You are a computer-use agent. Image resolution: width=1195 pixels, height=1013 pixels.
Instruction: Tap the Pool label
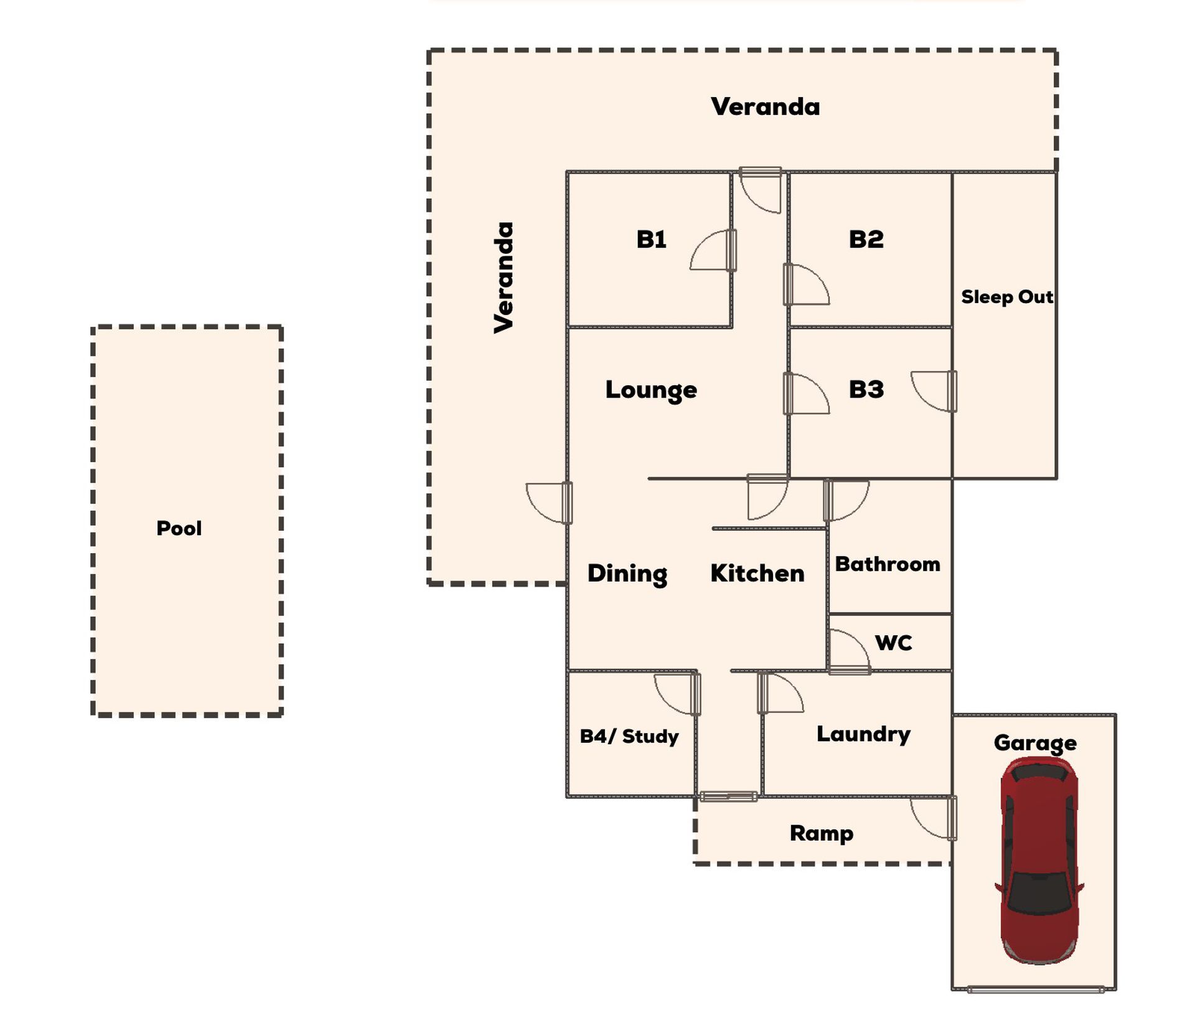tap(179, 528)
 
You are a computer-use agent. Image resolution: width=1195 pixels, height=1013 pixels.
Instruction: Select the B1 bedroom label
tap(651, 239)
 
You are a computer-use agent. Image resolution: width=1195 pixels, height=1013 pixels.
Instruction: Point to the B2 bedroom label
tap(866, 239)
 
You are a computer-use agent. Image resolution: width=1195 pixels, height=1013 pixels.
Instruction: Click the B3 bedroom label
tap(866, 390)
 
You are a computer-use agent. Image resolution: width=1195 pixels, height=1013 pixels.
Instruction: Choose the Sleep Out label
tap(1007, 297)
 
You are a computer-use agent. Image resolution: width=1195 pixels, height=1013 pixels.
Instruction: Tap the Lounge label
tap(651, 391)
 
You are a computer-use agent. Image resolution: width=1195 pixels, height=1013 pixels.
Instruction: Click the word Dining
tap(627, 574)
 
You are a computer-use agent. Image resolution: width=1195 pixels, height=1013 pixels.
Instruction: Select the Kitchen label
tap(757, 573)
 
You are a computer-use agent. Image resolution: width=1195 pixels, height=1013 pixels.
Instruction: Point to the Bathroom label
tap(888, 564)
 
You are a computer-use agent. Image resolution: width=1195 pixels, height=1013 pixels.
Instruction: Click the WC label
tap(894, 642)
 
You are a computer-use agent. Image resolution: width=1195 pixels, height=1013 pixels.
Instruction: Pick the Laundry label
tap(863, 735)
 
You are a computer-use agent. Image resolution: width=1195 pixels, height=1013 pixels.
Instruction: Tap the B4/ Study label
tap(629, 736)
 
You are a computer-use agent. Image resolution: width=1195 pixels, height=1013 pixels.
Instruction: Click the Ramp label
tap(822, 834)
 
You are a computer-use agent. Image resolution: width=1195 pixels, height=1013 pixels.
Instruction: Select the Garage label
tap(1035, 743)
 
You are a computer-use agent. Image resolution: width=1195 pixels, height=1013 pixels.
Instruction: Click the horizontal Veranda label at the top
tap(765, 106)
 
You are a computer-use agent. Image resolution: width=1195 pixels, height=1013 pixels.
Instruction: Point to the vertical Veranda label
tap(504, 278)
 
